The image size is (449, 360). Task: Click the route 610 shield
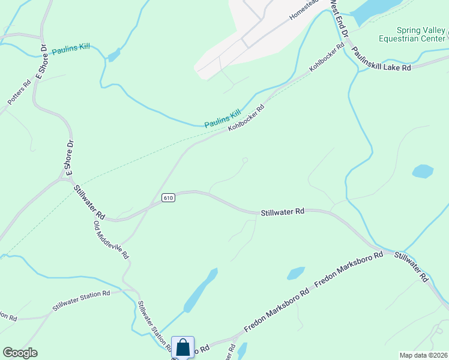(x=168, y=198)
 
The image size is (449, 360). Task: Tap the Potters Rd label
(x=19, y=94)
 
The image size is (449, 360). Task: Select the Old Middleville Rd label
(x=111, y=239)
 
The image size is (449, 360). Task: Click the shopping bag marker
(x=182, y=347)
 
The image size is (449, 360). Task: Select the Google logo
(x=20, y=353)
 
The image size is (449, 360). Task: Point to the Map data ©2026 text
(x=422, y=355)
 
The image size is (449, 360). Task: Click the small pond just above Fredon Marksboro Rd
(x=295, y=274)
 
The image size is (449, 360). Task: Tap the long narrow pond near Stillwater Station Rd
(x=200, y=290)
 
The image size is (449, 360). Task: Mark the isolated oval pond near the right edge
(x=423, y=171)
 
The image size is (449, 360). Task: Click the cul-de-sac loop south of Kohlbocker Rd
(x=244, y=160)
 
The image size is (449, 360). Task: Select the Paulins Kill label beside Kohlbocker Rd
(x=222, y=118)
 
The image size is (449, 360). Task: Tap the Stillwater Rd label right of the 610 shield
(x=283, y=212)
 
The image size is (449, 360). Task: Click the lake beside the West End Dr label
(x=375, y=10)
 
